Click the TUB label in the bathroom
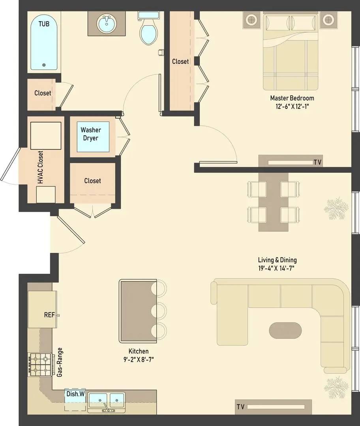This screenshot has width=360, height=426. [44, 24]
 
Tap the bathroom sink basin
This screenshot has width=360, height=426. [107, 24]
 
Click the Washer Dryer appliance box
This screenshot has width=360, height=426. [93, 136]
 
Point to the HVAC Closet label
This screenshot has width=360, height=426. [41, 167]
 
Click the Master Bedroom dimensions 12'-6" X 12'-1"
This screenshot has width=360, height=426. [292, 106]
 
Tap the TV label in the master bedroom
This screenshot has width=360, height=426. [317, 163]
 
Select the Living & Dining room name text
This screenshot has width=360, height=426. [277, 260]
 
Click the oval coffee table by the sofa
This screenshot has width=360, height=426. [285, 331]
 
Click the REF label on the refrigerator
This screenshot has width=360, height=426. [49, 315]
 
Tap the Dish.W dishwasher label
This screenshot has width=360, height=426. [75, 394]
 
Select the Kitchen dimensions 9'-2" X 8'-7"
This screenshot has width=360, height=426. [139, 360]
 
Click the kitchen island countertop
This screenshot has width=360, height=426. [138, 311]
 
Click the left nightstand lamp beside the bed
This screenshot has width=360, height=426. [251, 20]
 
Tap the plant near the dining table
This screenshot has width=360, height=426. [336, 209]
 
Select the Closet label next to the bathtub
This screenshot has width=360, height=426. [43, 93]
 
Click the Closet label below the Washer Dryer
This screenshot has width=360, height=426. [92, 181]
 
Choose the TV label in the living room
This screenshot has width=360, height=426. [240, 407]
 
